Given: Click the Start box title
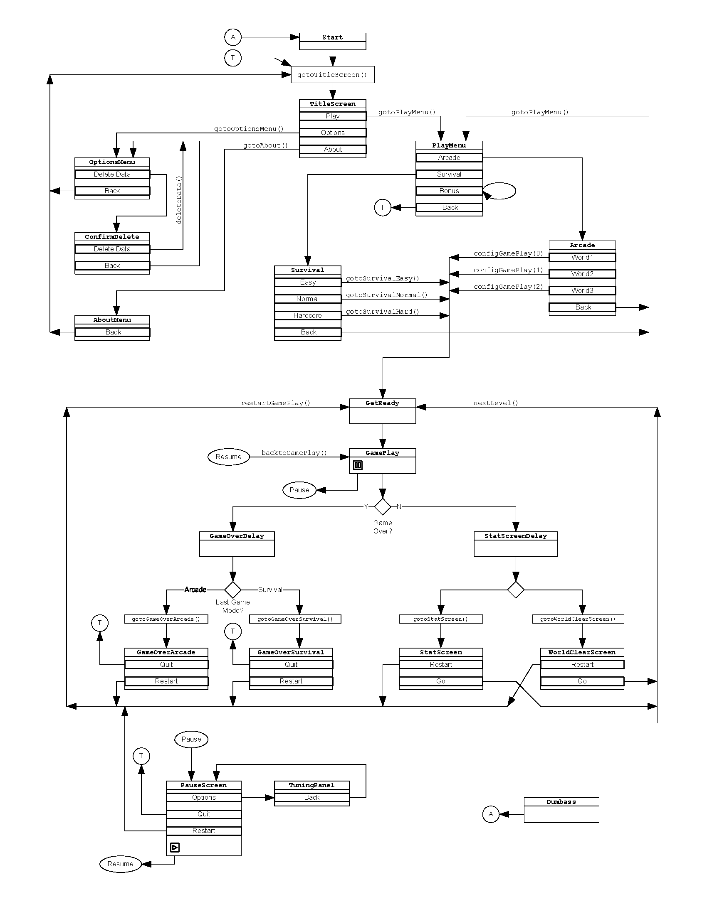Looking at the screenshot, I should [x=332, y=37].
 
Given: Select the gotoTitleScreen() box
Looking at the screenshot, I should [x=332, y=75].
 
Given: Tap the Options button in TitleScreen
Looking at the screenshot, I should [x=333, y=133].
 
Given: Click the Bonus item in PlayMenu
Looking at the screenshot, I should [x=449, y=191].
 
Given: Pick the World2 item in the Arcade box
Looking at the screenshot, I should [x=582, y=274].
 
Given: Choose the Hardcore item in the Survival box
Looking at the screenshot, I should [x=307, y=316].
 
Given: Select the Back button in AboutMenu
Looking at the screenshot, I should [x=112, y=332].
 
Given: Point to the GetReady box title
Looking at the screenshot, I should [x=382, y=403].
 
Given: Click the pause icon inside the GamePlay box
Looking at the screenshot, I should [x=358, y=465].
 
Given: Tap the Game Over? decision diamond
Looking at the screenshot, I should [x=382, y=506].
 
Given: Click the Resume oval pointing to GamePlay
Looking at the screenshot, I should [x=228, y=457].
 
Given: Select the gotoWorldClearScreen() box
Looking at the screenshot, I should [x=578, y=619].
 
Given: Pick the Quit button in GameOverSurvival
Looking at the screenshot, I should [x=291, y=665].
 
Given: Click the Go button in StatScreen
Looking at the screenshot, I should [x=440, y=681].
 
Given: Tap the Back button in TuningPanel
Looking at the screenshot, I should [x=311, y=798].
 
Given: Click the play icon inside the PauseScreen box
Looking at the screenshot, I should [x=175, y=848].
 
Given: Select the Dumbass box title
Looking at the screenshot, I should [x=561, y=802].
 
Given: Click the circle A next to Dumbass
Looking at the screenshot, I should [x=490, y=814].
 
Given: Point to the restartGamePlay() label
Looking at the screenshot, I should [x=276, y=403].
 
